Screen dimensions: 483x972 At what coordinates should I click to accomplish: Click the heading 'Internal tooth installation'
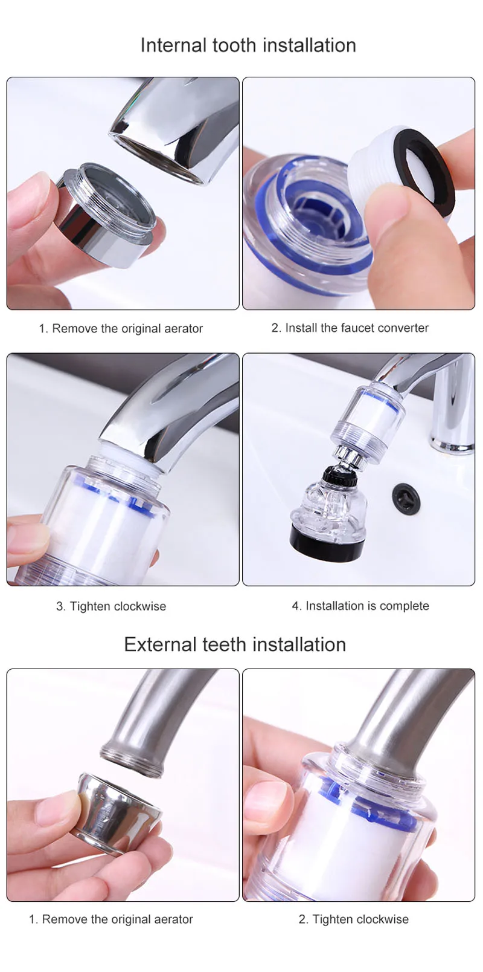248,45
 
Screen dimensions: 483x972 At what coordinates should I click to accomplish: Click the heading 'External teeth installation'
235,644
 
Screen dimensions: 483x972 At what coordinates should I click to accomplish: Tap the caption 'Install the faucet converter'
357,328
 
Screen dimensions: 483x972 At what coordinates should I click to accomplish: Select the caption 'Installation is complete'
367,606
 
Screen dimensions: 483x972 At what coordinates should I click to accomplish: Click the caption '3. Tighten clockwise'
111,606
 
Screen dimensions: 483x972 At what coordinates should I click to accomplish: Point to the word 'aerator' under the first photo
184,328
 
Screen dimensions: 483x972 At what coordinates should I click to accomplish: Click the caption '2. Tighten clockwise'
354,919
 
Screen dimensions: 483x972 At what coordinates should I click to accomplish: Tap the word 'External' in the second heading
161,644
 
